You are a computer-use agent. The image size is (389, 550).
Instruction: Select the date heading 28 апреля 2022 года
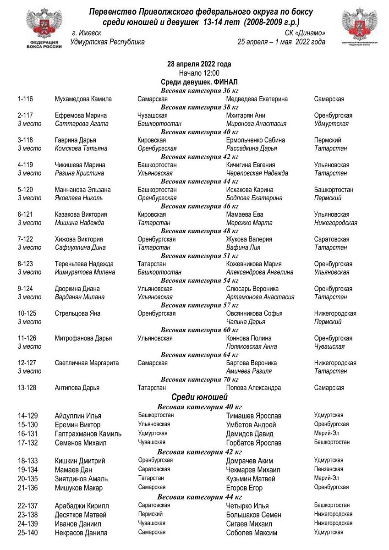pyautogui.click(x=199, y=64)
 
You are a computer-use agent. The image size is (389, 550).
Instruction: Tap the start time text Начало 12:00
pyautogui.click(x=199, y=73)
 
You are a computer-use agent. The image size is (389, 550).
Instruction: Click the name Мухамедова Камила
pyautogui.click(x=83, y=99)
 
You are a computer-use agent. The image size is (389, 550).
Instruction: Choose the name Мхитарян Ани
pyautogui.click(x=246, y=115)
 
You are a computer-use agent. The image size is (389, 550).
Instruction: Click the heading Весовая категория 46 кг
pyautogui.click(x=199, y=206)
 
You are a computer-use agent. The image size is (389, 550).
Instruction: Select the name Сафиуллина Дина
pyautogui.click(x=80, y=247)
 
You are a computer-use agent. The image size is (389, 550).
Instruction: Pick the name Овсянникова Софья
pyautogui.click(x=254, y=313)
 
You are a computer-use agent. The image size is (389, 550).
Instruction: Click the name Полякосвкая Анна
pyautogui.click(x=252, y=346)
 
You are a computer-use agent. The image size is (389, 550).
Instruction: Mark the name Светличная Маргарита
pyautogui.click(x=87, y=363)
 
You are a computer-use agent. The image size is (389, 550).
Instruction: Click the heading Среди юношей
pyautogui.click(x=199, y=397)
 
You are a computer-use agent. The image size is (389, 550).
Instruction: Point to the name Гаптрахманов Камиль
pyautogui.click(x=88, y=434)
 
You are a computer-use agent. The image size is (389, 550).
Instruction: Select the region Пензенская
pyautogui.click(x=329, y=469)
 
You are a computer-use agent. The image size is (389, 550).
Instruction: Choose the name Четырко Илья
pyautogui.click(x=247, y=506)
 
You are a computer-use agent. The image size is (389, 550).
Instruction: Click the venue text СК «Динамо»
pyautogui.click(x=305, y=33)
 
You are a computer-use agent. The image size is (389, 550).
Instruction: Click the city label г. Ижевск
pyautogui.click(x=87, y=33)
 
